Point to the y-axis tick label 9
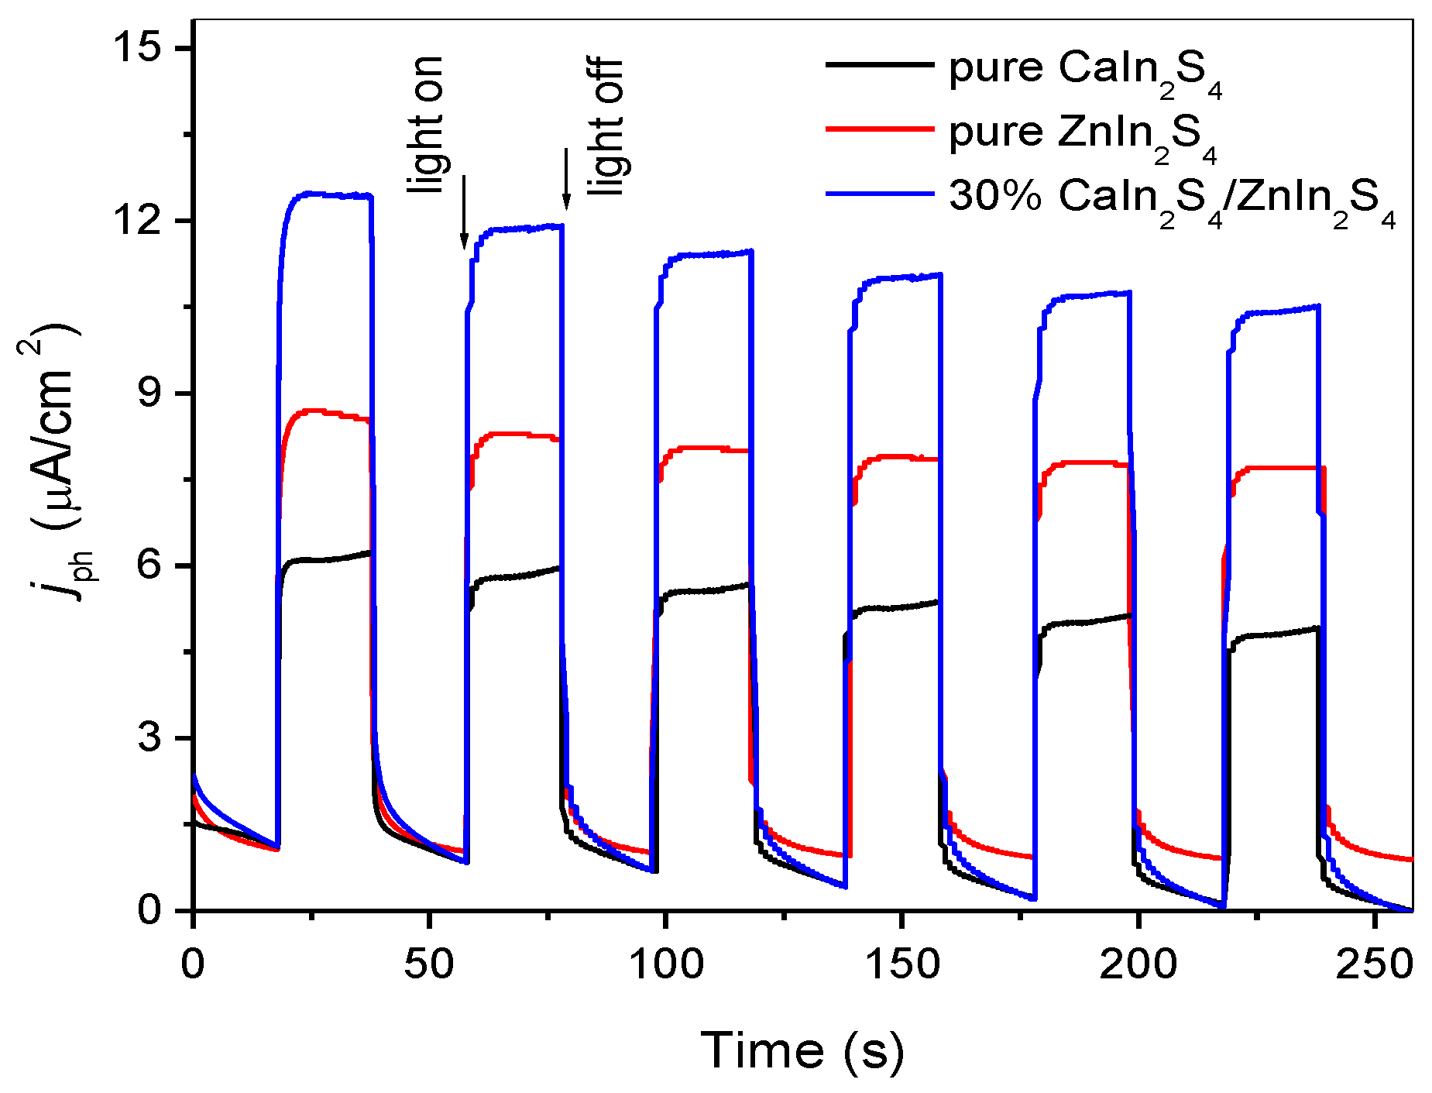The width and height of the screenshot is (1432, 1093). click(155, 394)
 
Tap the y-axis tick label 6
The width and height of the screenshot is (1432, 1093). click(155, 566)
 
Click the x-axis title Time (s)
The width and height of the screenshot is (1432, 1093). click(802, 1050)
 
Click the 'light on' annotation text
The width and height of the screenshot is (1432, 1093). click(427, 124)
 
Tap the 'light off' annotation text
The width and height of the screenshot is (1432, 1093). click(605, 126)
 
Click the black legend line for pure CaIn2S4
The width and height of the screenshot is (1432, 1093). click(879, 65)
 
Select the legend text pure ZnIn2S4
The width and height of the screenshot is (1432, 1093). click(1083, 134)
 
